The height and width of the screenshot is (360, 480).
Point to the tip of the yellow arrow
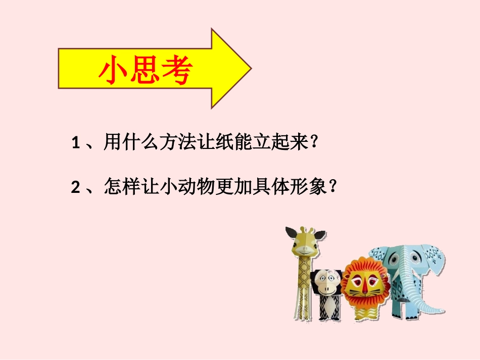click(x=250, y=68)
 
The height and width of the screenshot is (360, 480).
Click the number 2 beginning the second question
click(x=76, y=188)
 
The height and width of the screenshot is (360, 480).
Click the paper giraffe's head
click(x=304, y=242)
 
